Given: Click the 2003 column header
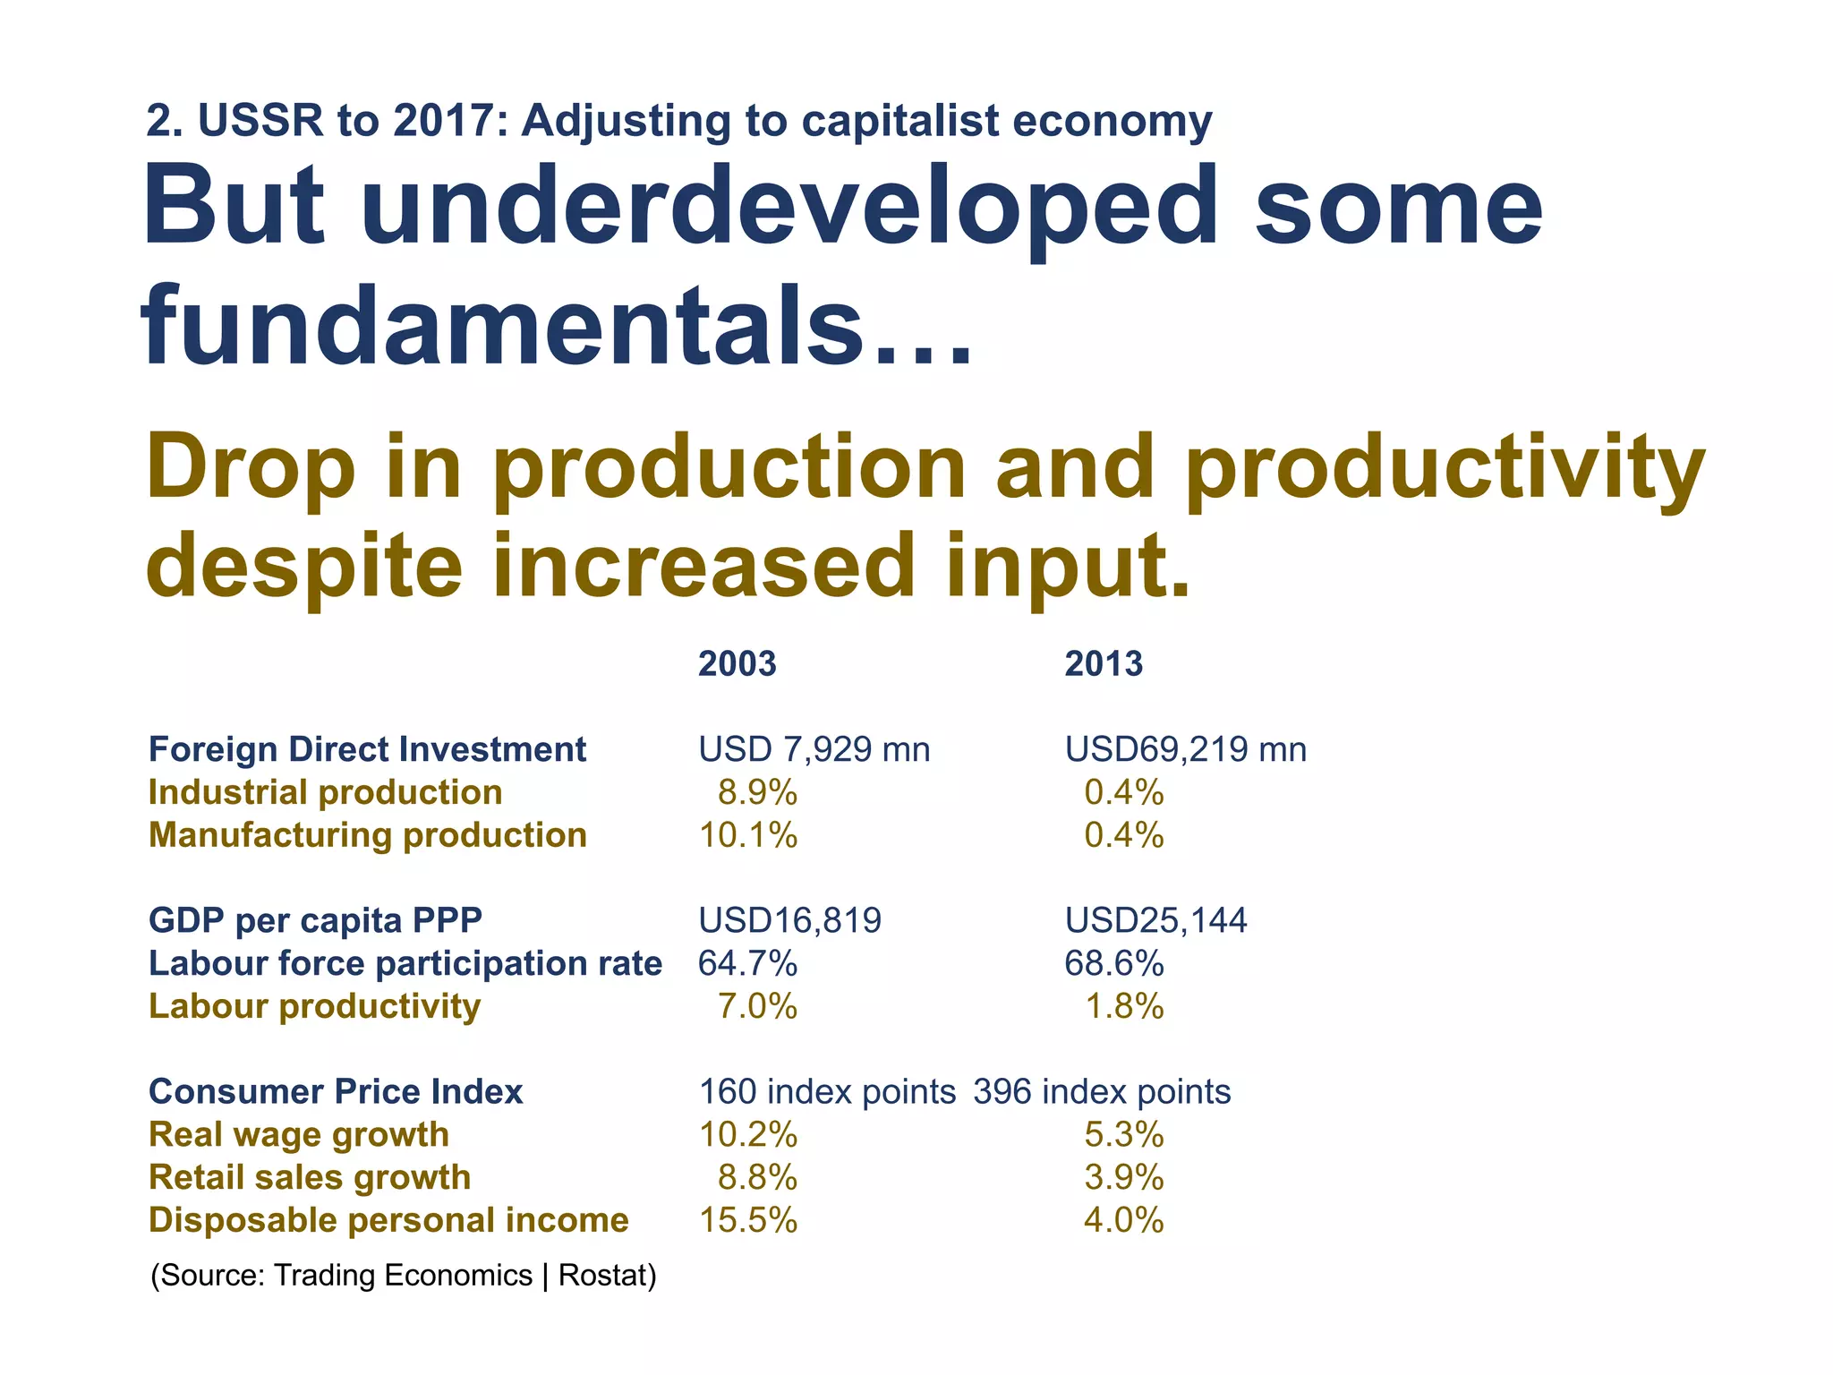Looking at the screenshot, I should click(x=737, y=664).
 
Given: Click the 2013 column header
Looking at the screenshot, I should click(x=1103, y=664).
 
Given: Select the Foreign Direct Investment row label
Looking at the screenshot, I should click(x=367, y=749).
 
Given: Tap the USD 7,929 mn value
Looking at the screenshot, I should click(x=814, y=749).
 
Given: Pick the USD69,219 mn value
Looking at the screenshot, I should click(x=1185, y=749).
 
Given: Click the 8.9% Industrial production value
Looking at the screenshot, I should click(x=757, y=792).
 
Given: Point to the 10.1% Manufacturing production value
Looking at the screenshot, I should click(x=747, y=835).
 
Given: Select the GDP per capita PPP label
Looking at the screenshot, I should click(x=315, y=920).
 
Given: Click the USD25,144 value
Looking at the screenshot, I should click(x=1155, y=920).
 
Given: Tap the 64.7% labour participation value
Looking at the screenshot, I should click(x=747, y=963).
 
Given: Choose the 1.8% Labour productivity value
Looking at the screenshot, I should click(x=1123, y=1006).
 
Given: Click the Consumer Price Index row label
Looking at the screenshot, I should click(x=336, y=1092).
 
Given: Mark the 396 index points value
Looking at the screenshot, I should click(x=1102, y=1092).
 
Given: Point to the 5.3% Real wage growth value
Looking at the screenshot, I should click(x=1123, y=1135).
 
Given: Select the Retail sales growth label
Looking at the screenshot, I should click(x=310, y=1177).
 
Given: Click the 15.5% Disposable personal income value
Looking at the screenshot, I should click(x=747, y=1220).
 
